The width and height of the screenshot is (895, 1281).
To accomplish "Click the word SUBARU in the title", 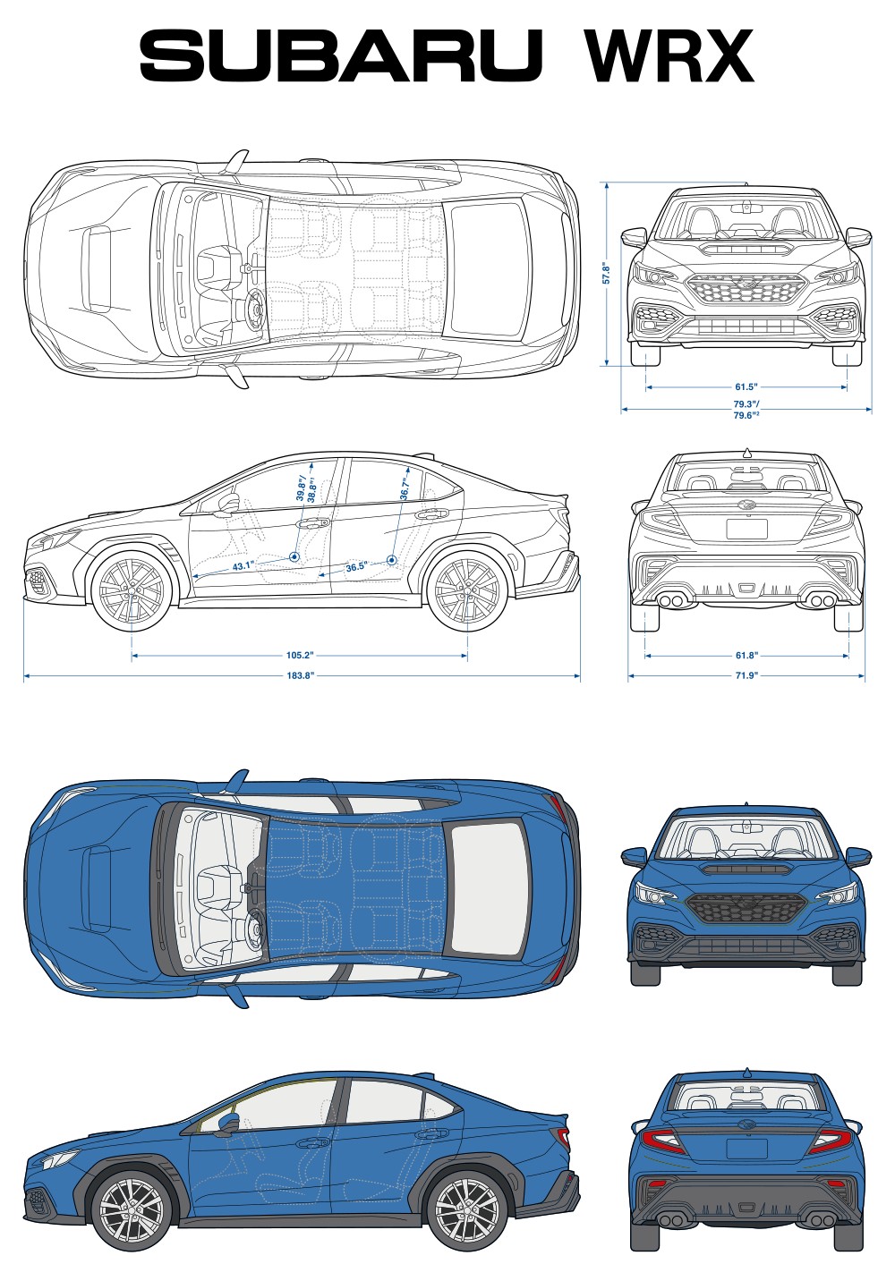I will (341, 55).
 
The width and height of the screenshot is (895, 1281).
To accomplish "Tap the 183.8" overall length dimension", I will (300, 676).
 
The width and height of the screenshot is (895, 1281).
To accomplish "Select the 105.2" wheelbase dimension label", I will (300, 656).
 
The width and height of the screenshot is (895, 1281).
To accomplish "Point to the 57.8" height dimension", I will (606, 273).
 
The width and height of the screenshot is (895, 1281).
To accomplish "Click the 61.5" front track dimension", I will (746, 387).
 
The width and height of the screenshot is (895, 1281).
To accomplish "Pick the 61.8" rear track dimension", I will (746, 656).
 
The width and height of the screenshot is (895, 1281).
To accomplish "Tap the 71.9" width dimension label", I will (746, 676).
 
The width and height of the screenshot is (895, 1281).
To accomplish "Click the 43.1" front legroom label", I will (243, 566).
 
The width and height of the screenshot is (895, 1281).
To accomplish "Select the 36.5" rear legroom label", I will (356, 567).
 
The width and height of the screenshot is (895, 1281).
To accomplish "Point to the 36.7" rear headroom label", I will (405, 488).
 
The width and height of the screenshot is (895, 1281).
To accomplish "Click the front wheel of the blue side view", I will (132, 1211).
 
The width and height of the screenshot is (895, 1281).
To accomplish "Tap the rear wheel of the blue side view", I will (465, 1211).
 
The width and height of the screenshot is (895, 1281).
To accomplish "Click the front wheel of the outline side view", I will (132, 590).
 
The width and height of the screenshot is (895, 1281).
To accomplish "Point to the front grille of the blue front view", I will (746, 908).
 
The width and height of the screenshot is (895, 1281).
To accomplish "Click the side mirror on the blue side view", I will (226, 1123).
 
